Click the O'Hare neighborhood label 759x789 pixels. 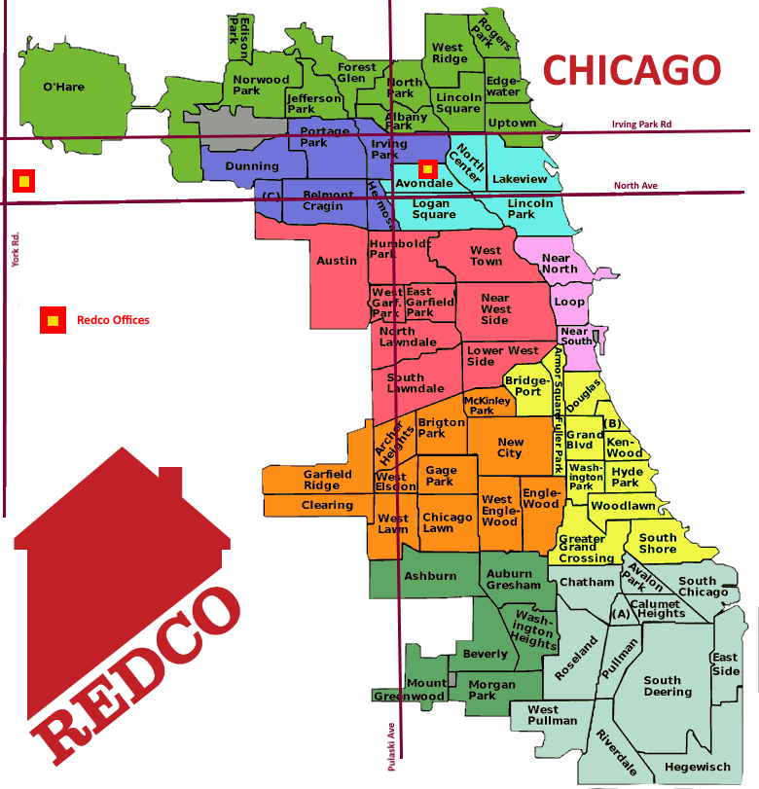(63, 88)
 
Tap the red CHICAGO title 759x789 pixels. (632, 70)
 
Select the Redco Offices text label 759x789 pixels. (113, 320)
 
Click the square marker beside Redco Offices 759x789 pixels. (53, 319)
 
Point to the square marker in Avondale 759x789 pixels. (426, 169)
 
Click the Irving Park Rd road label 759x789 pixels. (641, 125)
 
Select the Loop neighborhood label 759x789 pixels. (569, 302)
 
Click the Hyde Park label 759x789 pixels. (626, 477)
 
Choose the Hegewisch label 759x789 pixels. (697, 768)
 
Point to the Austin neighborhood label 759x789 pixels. (337, 261)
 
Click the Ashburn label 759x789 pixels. (430, 576)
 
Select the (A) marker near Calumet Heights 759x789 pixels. (620, 615)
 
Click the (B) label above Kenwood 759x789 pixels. (612, 423)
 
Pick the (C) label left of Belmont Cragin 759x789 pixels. (271, 196)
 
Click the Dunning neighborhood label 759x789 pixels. (252, 166)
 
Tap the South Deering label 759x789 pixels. (668, 687)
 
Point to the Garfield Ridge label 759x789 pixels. (327, 480)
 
